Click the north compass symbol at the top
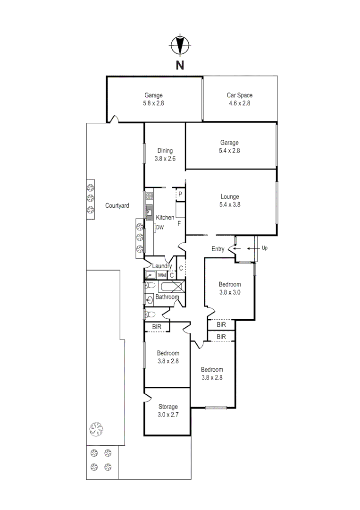[180, 46]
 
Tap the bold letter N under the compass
[180, 66]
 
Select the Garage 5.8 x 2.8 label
[153, 99]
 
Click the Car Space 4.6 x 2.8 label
[239, 99]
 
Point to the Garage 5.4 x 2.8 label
[229, 146]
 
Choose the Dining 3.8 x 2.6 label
[165, 155]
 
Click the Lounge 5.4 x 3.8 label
[230, 201]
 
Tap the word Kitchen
[165, 218]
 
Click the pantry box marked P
[180, 194]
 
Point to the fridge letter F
[179, 223]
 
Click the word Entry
[218, 249]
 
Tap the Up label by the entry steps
[264, 248]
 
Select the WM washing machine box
[161, 275]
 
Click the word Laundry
[162, 266]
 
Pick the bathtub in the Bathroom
[172, 287]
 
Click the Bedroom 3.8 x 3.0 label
[230, 288]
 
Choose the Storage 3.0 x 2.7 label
[167, 410]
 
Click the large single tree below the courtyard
[96, 430]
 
